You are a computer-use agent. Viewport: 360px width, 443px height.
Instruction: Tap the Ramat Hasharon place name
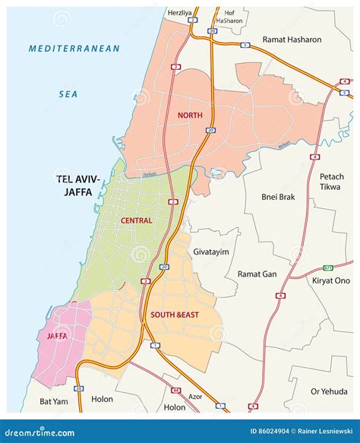pyautogui.click(x=292, y=39)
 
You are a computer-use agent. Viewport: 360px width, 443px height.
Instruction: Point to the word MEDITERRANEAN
pyautogui.click(x=74, y=49)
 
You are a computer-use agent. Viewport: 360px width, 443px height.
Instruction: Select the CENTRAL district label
pyautogui.click(x=136, y=220)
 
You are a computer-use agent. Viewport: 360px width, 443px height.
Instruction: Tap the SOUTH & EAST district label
pyautogui.click(x=175, y=315)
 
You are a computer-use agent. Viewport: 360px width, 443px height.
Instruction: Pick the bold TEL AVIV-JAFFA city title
pyautogui.click(x=83, y=185)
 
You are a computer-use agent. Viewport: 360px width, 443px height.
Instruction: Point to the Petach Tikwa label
pyautogui.click(x=331, y=181)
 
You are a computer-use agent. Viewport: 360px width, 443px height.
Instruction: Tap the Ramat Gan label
pyautogui.click(x=257, y=274)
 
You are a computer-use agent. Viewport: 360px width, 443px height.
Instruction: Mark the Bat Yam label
pyautogui.click(x=54, y=400)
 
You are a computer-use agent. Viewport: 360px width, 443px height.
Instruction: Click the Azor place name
pyautogui.click(x=195, y=397)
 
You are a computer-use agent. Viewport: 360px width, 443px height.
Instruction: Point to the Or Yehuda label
pyautogui.click(x=329, y=391)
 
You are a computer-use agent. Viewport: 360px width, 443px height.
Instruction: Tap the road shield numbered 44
pyautogui.click(x=176, y=390)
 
